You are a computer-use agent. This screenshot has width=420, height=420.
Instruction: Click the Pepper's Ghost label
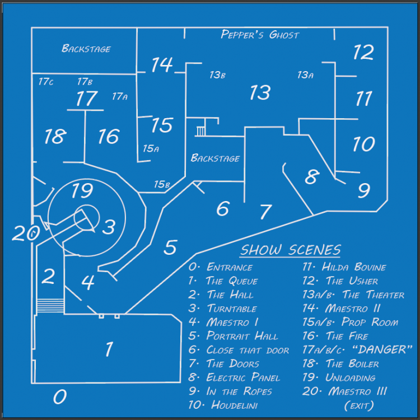pyautogui.click(x=260, y=35)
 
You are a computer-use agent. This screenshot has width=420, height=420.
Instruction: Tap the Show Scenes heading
pyautogui.click(x=290, y=250)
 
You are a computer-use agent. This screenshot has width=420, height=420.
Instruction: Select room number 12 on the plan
pyautogui.click(x=363, y=53)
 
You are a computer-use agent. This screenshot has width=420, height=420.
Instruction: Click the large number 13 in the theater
pyautogui.click(x=260, y=93)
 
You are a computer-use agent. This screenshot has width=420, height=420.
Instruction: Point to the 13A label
pyautogui.click(x=305, y=74)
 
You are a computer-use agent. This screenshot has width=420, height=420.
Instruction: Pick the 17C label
pyautogui.click(x=46, y=82)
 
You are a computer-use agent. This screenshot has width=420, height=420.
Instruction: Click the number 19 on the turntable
pyautogui.click(x=82, y=191)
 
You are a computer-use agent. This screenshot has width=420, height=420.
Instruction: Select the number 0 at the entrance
pyautogui.click(x=60, y=397)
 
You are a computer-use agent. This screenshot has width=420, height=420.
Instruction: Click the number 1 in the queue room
pyautogui.click(x=109, y=349)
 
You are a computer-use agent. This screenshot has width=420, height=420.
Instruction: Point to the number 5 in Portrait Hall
pyautogui.click(x=170, y=247)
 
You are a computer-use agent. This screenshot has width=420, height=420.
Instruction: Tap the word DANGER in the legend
pyautogui.click(x=384, y=350)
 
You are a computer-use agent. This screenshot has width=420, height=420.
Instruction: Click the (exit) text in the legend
pyautogui.click(x=358, y=405)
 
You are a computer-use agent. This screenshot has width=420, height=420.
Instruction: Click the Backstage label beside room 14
pyautogui.click(x=86, y=49)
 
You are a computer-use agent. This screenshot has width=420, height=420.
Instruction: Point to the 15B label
pyautogui.click(x=162, y=184)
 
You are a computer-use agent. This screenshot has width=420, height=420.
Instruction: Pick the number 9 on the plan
pyautogui.click(x=363, y=190)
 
